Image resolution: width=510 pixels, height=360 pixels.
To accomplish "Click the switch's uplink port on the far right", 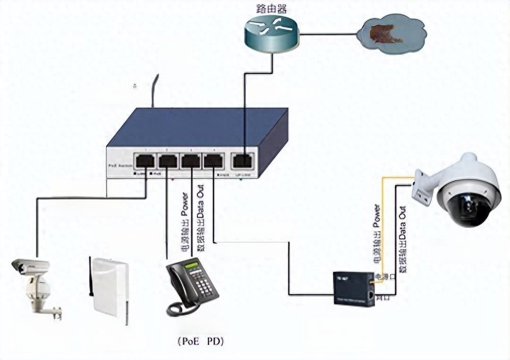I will pyautogui.click(x=242, y=161).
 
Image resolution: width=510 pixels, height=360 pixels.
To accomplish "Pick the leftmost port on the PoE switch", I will pyautogui.click(x=145, y=161).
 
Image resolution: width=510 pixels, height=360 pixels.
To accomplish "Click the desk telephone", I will pyautogui.click(x=192, y=286).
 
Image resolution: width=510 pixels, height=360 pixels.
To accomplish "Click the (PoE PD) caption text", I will pyautogui.click(x=200, y=340).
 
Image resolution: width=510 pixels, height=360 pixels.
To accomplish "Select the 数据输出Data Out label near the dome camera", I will pyautogui.click(x=403, y=238).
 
